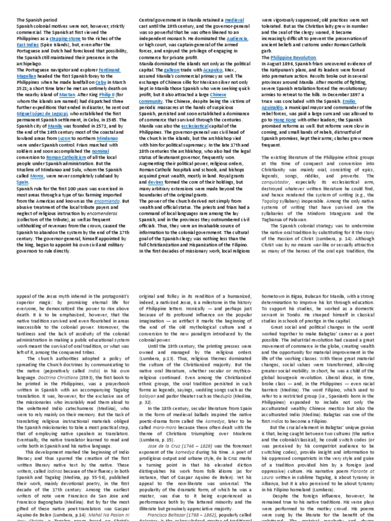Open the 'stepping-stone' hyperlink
point(65,38)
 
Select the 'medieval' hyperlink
point(235,19)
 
